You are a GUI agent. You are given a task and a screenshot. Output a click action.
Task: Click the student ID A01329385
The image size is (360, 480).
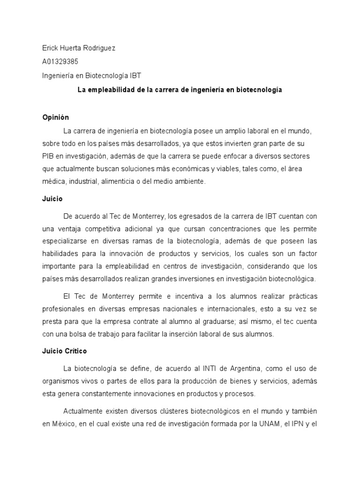pos(60,61)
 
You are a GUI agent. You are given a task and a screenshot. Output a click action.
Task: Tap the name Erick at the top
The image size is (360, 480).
pos(51,48)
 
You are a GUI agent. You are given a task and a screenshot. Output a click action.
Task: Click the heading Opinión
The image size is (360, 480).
pos(55,117)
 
